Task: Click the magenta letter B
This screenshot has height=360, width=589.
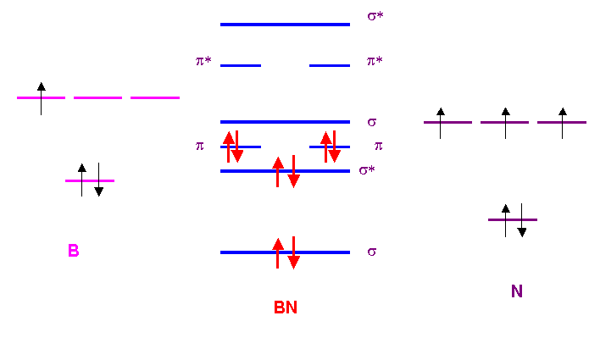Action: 74,251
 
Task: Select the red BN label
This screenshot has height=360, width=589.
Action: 285,307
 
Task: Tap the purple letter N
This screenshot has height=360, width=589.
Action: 516,291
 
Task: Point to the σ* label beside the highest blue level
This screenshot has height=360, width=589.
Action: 375,16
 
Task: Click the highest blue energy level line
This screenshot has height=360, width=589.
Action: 285,25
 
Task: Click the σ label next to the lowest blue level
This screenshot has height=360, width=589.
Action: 371,252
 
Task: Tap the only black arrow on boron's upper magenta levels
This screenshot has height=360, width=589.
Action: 41,98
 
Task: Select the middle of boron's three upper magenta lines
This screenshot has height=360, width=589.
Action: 97,98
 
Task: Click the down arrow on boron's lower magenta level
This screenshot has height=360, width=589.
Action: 99,180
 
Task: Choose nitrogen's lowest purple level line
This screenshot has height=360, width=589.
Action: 512,220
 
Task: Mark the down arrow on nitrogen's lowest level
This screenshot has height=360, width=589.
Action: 521,221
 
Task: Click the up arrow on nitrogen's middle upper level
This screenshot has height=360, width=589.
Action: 505,123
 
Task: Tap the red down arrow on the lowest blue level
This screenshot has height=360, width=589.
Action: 293,252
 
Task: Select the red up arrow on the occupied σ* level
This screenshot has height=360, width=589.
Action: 277,172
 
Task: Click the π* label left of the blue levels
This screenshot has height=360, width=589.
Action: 203,61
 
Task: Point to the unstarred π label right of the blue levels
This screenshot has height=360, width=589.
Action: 378,146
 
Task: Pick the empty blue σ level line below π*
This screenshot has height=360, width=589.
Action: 285,122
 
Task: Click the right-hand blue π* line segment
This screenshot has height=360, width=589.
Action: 330,65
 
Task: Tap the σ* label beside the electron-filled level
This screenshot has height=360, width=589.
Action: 367,170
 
